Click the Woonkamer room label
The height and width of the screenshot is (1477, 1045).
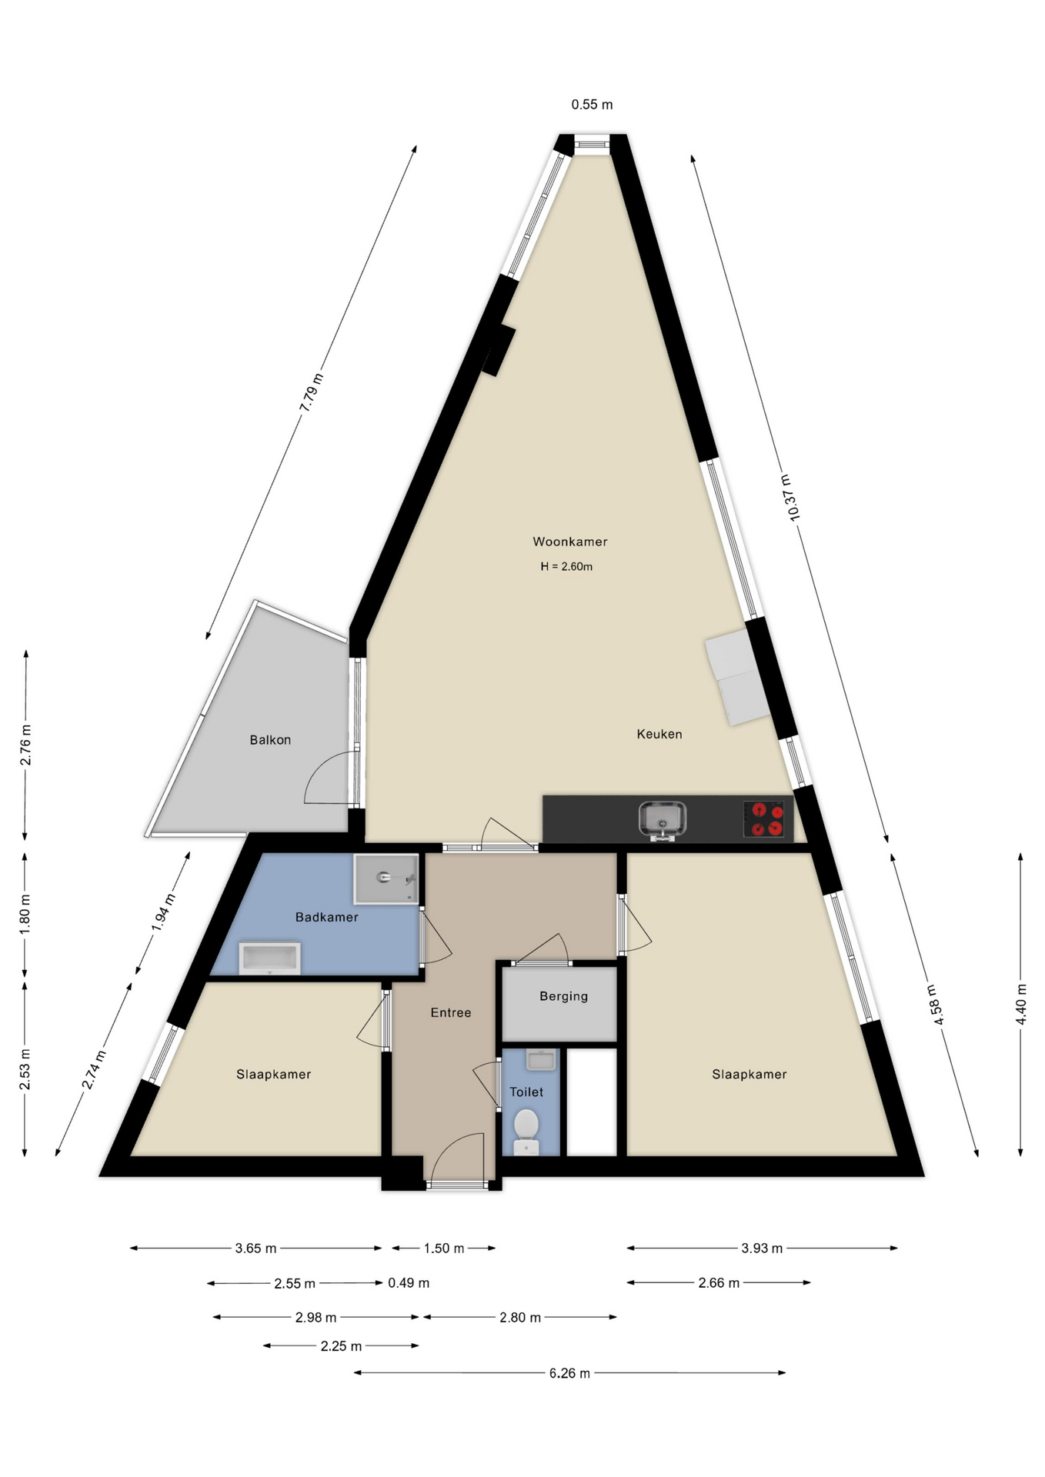(570, 542)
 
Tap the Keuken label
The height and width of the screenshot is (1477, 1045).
(659, 734)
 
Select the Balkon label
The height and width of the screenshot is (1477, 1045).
(270, 740)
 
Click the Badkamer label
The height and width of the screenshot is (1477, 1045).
(327, 917)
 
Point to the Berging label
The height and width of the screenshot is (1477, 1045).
(564, 996)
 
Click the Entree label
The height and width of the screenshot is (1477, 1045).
(451, 1012)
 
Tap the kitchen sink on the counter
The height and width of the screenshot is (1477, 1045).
(663, 819)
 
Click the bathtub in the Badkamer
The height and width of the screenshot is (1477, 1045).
(270, 958)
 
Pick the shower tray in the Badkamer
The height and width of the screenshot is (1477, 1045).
(386, 879)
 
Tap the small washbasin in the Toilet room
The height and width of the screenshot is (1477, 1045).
(541, 1060)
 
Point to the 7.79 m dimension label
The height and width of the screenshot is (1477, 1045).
(312, 392)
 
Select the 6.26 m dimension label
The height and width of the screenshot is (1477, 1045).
(569, 1373)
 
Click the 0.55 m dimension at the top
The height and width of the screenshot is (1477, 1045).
(592, 105)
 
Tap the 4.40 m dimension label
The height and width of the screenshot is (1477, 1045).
(1021, 1004)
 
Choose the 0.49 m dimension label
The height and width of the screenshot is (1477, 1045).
(409, 1282)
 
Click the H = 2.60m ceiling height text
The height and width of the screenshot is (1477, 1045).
(566, 567)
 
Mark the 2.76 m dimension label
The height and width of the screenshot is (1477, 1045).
(25, 745)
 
